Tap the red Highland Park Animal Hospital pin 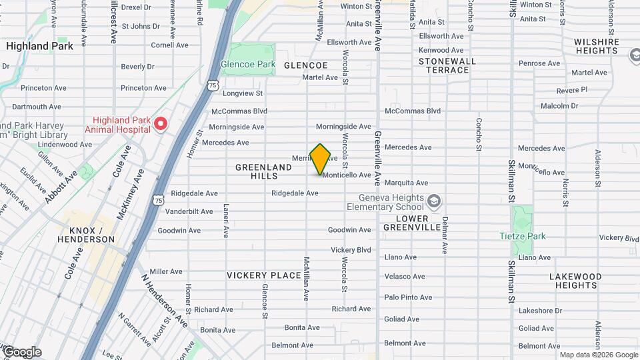[x=160, y=124]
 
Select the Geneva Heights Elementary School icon [x=434, y=201]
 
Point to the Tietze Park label [x=523, y=236]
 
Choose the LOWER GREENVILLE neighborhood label [x=412, y=223]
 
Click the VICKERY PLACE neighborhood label [x=265, y=275]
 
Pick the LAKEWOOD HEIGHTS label [x=575, y=281]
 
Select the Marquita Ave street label [x=407, y=183]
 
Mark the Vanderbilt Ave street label [x=190, y=211]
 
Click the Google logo [x=22, y=352]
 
